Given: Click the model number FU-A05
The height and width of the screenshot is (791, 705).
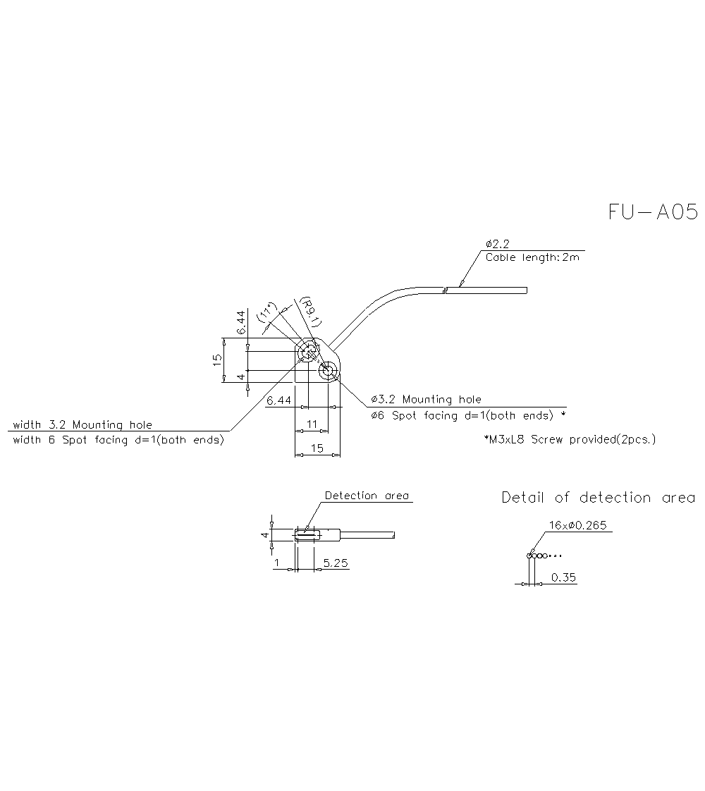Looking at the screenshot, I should (x=653, y=212).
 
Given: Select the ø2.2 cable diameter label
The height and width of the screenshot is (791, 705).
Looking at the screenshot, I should (x=497, y=244).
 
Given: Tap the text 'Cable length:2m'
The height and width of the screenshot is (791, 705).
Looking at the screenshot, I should (x=532, y=257).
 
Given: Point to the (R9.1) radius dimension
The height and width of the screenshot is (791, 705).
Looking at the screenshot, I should (x=310, y=312).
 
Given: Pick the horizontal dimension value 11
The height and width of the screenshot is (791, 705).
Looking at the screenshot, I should (x=313, y=424).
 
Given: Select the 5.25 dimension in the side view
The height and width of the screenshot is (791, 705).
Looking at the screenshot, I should (x=336, y=563).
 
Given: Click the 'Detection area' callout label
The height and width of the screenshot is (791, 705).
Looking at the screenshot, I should (x=367, y=496).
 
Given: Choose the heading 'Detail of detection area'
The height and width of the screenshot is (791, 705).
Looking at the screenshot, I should (x=598, y=498).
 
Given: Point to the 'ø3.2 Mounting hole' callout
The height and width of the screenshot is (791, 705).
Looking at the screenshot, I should (x=427, y=400).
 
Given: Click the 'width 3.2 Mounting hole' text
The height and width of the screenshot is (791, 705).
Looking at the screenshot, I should (x=82, y=424).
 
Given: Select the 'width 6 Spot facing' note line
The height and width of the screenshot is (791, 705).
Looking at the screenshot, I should (x=118, y=440).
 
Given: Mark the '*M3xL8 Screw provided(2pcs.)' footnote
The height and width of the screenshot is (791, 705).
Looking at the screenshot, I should (x=570, y=439).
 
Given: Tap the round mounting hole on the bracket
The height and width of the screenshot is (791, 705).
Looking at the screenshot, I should (x=328, y=371).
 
